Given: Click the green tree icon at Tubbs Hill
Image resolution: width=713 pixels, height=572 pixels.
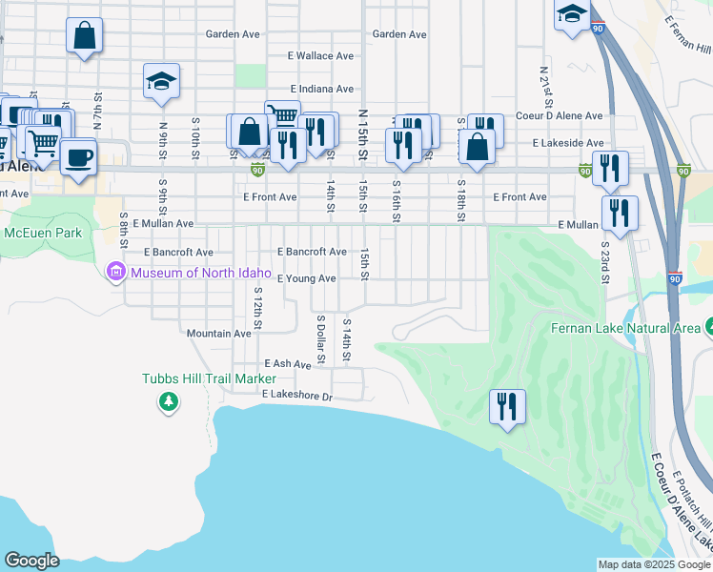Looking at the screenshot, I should (169, 402).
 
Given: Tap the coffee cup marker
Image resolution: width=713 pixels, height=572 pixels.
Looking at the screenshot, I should (78, 156).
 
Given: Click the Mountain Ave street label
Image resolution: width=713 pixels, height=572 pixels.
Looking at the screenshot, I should (218, 334).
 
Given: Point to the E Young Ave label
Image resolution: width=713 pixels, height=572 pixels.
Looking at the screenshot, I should (306, 278).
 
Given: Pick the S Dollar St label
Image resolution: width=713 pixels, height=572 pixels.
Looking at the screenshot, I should (321, 339).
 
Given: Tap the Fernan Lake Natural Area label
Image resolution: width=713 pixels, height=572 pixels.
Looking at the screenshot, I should (625, 328).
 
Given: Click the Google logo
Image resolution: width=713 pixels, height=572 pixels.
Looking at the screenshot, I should (31, 561).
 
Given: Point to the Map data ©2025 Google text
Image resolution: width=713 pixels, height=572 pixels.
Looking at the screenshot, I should (654, 563).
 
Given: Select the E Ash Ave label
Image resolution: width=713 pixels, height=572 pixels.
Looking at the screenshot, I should (288, 364).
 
